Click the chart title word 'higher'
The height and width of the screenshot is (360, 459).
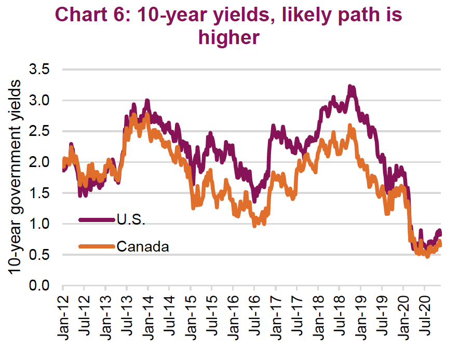pyautogui.click(x=229, y=38)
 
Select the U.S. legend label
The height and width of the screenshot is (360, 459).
pyautogui.click(x=131, y=219)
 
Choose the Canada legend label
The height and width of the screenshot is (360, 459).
pyautogui.click(x=143, y=246)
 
